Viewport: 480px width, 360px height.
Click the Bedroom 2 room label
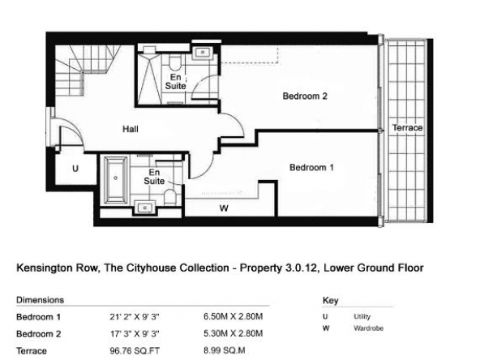305,96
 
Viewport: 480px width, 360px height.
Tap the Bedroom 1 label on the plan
311,168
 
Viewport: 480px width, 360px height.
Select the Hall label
131,129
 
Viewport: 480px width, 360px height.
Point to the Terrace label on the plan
408,127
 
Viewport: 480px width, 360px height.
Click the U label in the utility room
75,169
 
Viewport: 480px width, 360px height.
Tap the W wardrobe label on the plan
224,208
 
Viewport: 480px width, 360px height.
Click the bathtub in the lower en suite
116,180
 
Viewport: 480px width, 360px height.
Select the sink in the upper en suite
203,53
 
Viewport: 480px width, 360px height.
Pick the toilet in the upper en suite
175,62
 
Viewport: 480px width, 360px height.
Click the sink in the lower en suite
145,208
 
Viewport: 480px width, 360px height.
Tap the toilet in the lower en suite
169,198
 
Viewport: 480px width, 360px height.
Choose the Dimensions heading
40,300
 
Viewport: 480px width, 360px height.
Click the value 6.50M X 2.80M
234,316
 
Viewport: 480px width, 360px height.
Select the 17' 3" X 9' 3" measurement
135,334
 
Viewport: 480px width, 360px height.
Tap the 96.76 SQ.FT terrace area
135,351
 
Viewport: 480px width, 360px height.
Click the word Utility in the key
362,316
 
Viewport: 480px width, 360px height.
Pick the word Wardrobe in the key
369,328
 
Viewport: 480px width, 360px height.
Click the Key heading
330,301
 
